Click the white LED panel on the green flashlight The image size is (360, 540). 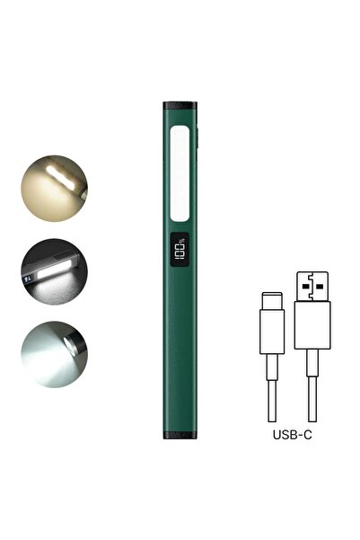[180, 173]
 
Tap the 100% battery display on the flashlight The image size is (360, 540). [180, 250]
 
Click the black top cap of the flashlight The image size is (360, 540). [180, 106]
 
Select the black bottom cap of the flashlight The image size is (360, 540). [180, 435]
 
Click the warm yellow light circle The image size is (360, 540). [55, 189]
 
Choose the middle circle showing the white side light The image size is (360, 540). [55, 271]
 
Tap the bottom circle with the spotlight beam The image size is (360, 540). [55, 354]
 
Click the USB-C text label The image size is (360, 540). [292, 435]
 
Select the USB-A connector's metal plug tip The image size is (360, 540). [312, 287]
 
